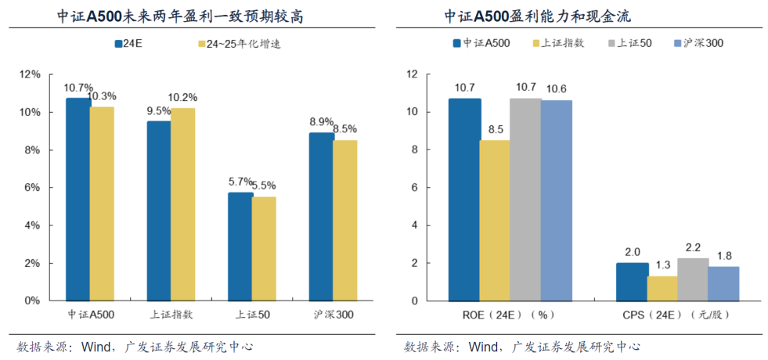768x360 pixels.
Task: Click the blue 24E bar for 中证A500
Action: [78, 200]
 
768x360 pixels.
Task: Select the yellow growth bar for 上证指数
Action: [182, 204]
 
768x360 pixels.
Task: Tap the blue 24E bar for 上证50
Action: [240, 247]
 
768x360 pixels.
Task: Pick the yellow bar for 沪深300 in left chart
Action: [344, 221]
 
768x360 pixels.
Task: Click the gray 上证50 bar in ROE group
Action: [525, 200]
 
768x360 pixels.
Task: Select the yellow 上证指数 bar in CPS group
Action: [662, 288]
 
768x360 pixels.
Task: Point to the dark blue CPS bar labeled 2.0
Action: [632, 282]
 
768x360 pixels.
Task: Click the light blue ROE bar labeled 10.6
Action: [556, 200]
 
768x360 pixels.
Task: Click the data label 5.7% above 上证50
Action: [240, 182]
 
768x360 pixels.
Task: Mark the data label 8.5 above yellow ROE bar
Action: [495, 129]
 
